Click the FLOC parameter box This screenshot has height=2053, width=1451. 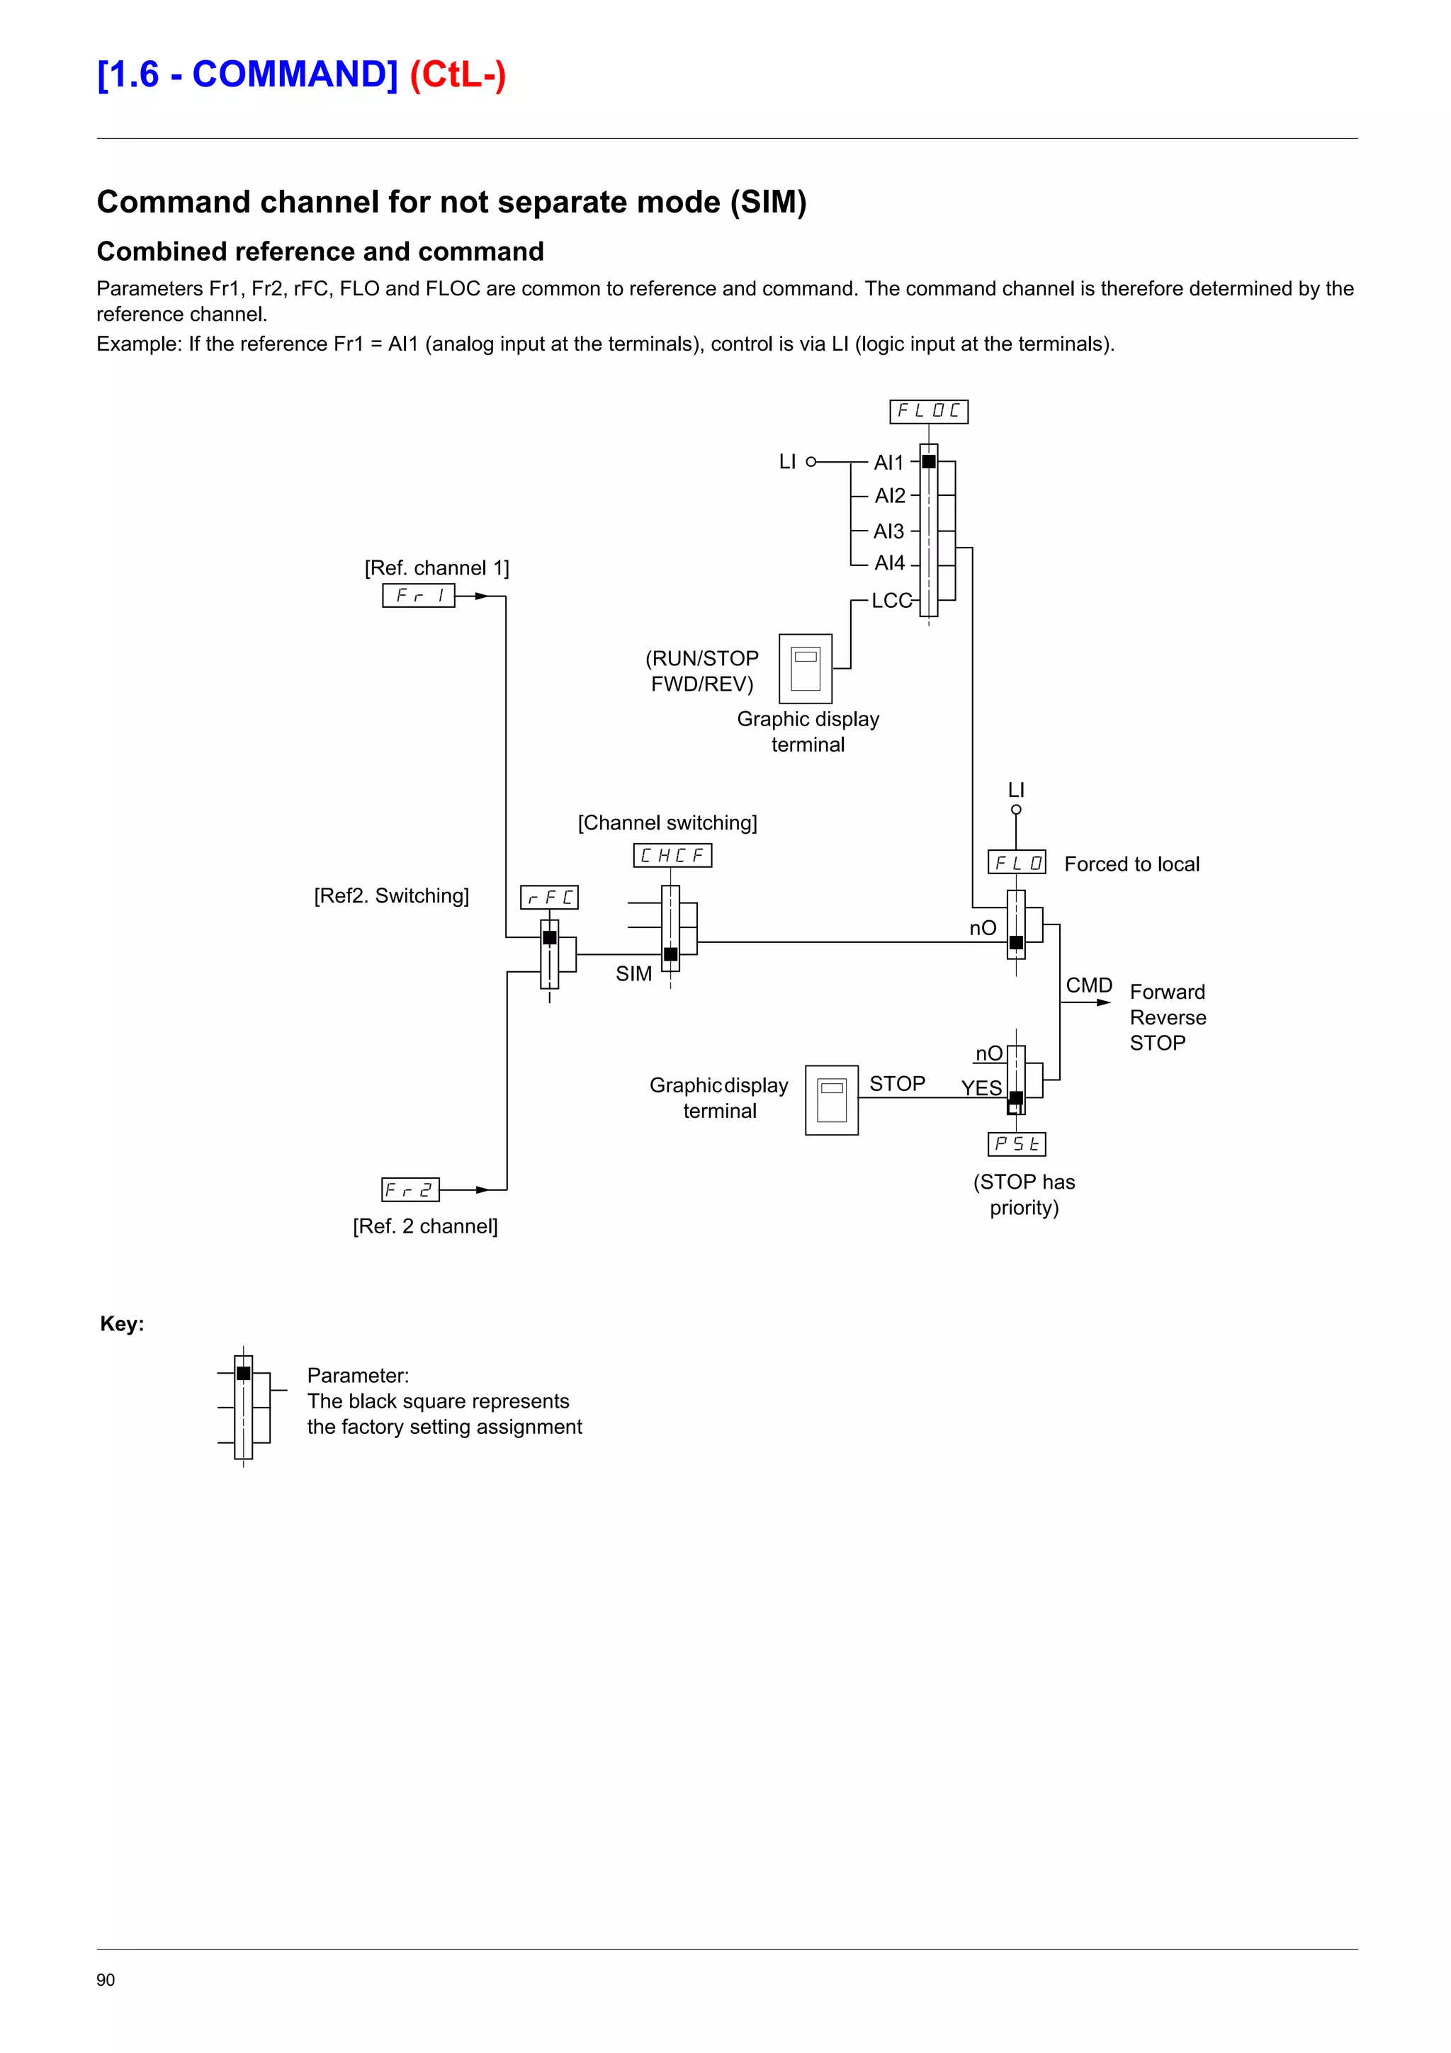[x=928, y=412]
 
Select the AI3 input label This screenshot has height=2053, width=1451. [x=888, y=531]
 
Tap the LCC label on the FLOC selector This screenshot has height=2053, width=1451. [x=891, y=601]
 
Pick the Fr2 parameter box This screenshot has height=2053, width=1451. [x=410, y=1190]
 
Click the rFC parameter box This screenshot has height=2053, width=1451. [x=549, y=897]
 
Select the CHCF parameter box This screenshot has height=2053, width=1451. [x=672, y=856]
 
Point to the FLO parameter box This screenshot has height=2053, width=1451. [x=1017, y=863]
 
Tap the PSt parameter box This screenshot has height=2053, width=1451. [x=1017, y=1145]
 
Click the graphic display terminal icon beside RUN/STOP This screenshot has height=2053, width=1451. [x=806, y=669]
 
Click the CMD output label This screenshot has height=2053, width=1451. [x=1088, y=985]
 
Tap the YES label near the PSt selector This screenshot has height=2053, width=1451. [x=981, y=1088]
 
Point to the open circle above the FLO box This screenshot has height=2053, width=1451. [x=1015, y=810]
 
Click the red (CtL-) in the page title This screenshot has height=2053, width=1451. [x=458, y=75]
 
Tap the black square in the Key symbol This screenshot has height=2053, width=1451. [x=243, y=1374]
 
